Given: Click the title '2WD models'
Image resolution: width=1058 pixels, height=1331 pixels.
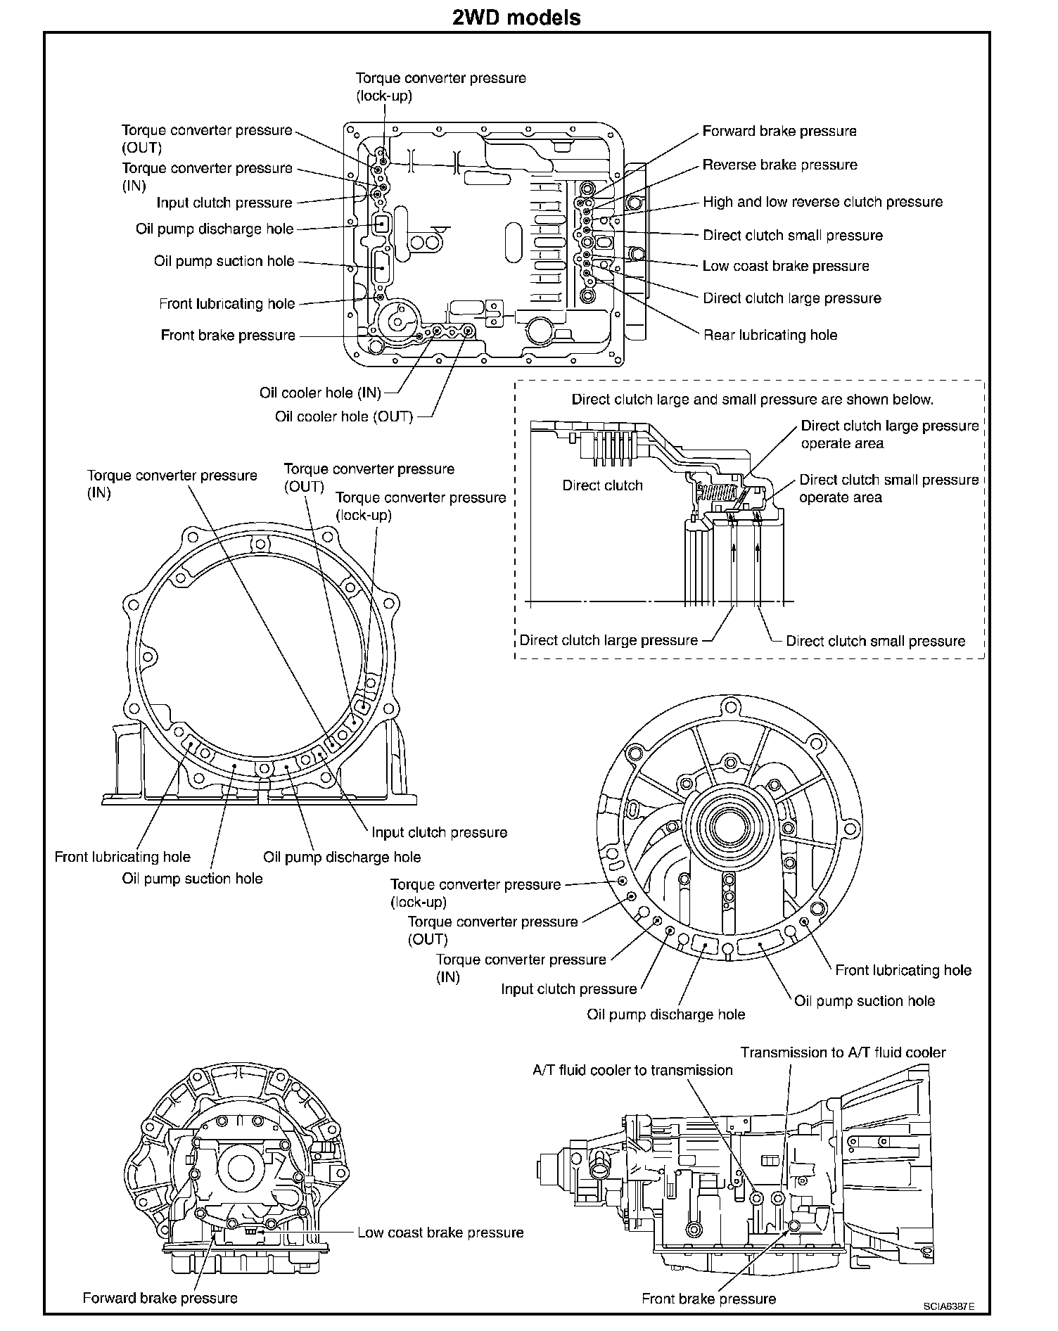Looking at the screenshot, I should click(516, 17).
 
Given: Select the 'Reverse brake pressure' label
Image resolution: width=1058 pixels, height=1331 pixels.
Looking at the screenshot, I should click(779, 165).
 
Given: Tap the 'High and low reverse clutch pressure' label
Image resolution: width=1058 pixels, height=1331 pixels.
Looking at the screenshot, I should click(822, 202).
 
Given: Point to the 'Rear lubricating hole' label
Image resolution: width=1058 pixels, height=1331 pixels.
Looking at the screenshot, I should click(770, 335).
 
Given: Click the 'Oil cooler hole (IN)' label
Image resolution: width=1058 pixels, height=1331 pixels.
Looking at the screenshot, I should click(320, 393).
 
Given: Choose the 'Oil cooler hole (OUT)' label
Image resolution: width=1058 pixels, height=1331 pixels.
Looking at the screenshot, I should click(343, 416).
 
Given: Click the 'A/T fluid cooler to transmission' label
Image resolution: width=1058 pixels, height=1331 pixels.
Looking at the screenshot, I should click(632, 1070).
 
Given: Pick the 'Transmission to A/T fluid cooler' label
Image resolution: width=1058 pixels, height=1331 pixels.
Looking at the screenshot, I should click(843, 1052).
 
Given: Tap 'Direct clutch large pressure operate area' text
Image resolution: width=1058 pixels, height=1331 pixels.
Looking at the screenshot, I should click(889, 435).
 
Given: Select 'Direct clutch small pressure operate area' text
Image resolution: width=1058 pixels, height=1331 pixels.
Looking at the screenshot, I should click(888, 488).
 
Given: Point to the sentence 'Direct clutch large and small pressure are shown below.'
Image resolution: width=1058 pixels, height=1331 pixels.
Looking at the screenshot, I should click(752, 400).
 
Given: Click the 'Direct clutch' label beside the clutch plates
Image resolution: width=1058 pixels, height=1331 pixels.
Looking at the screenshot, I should click(602, 485).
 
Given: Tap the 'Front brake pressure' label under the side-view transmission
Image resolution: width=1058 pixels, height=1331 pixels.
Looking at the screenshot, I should click(708, 1299).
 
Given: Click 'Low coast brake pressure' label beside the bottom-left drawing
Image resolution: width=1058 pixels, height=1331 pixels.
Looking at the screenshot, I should click(440, 1233).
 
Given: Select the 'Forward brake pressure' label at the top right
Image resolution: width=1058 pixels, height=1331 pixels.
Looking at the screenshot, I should click(779, 131).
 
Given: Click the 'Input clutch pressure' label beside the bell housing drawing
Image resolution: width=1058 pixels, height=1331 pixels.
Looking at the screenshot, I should click(439, 832).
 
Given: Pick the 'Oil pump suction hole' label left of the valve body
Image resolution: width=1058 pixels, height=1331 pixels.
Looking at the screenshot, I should click(224, 261).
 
